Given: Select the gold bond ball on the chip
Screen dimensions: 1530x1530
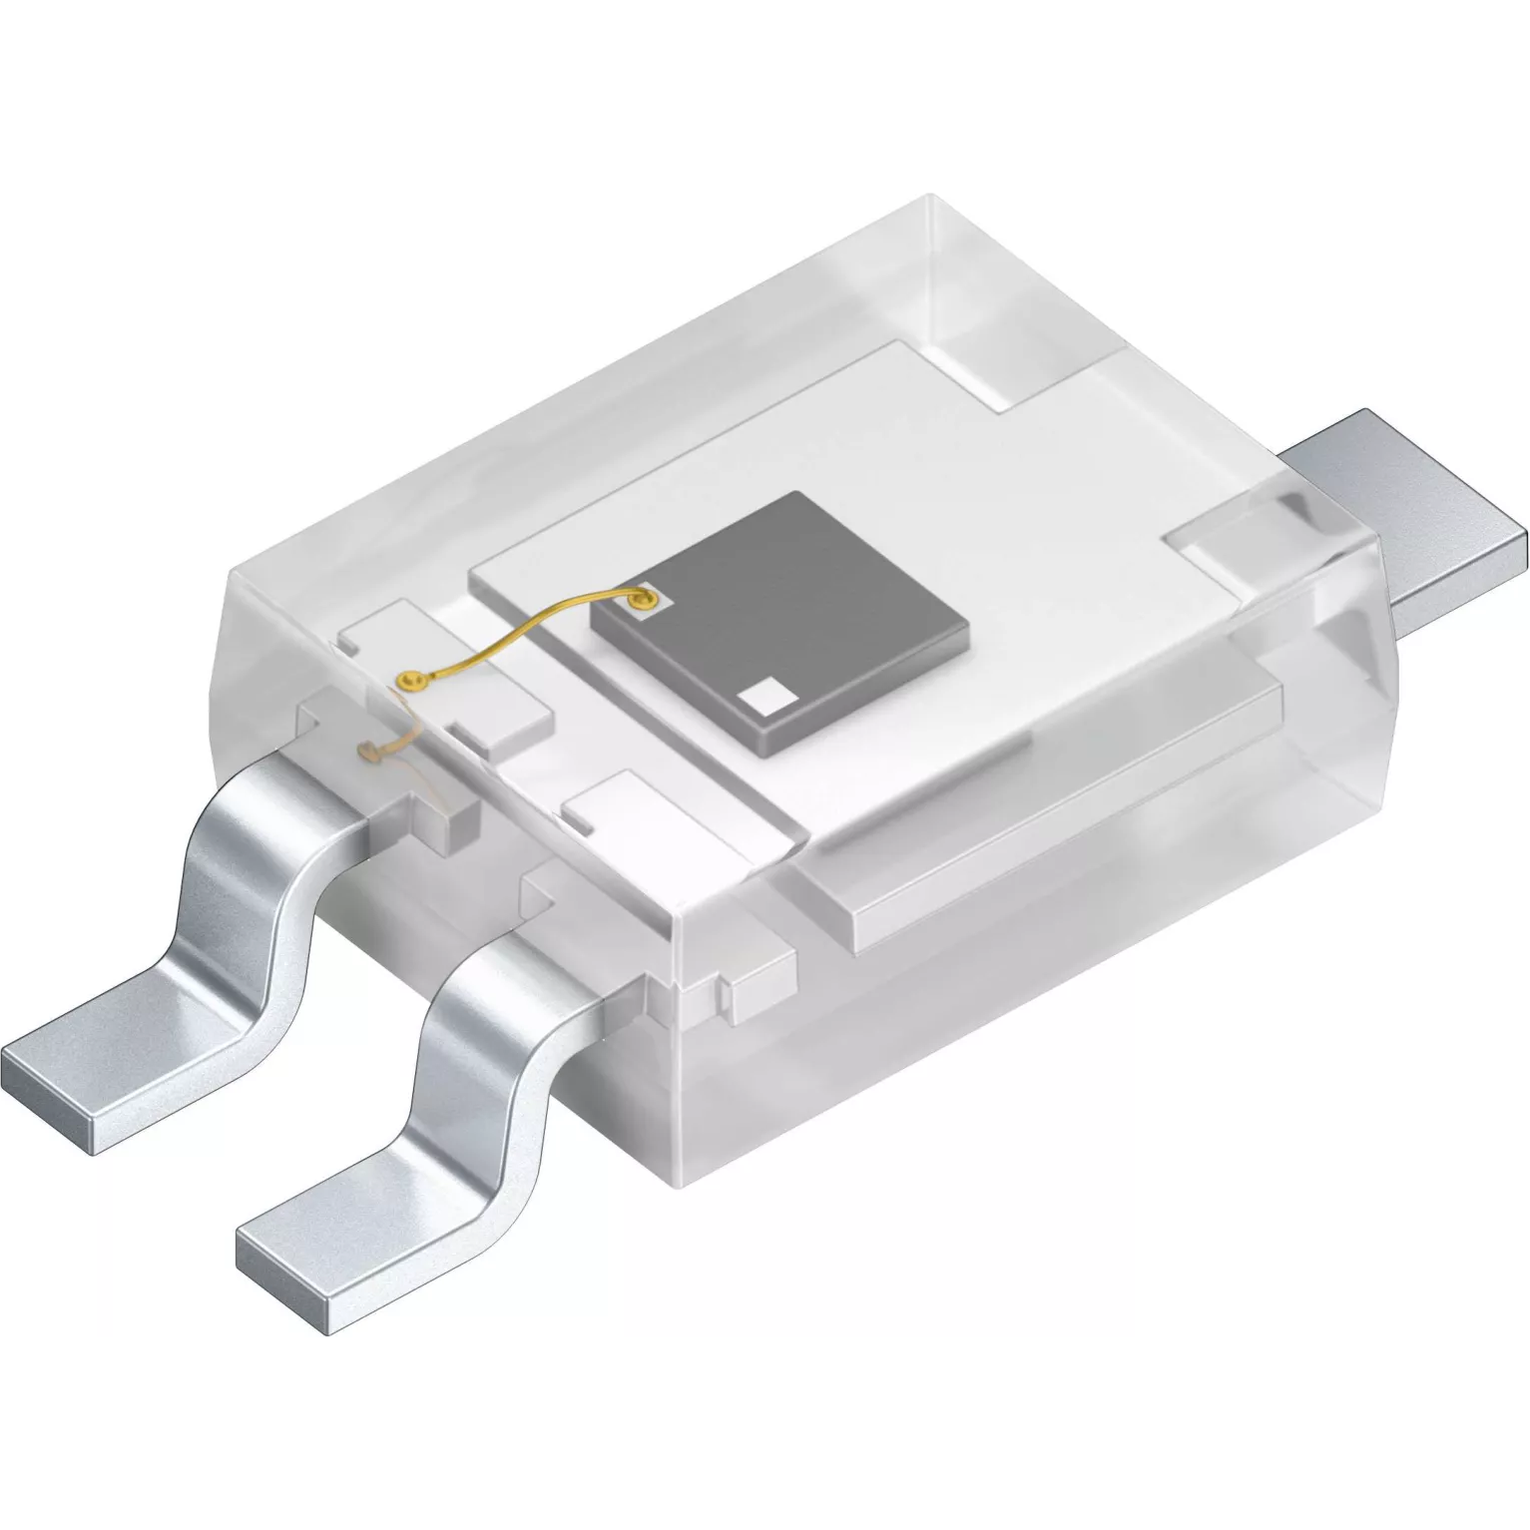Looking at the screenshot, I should [640, 601].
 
